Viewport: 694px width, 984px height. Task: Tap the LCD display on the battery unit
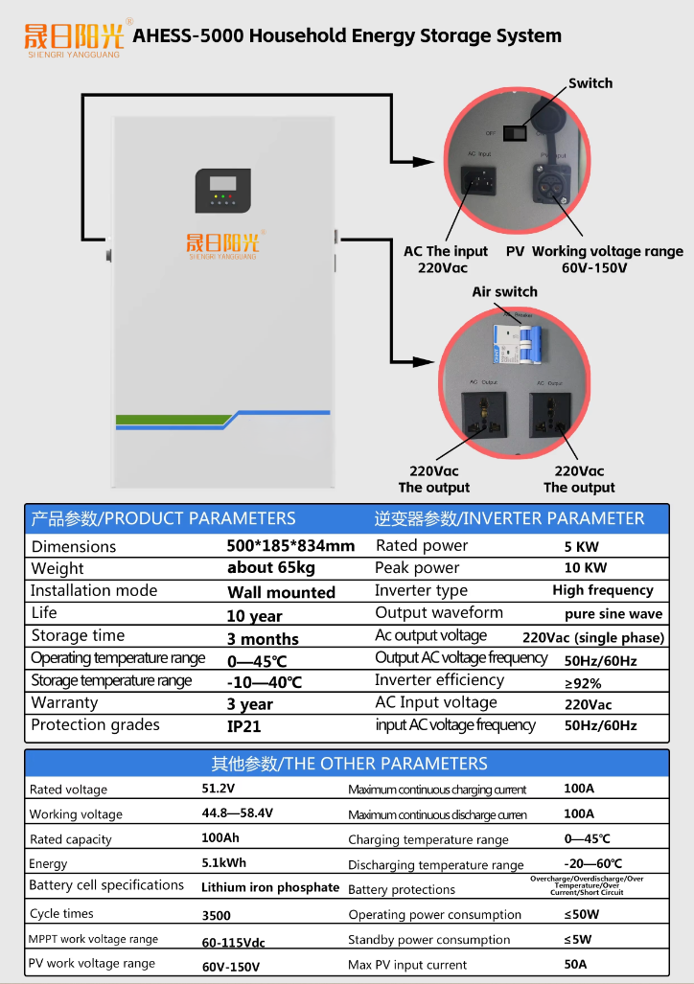point(222,182)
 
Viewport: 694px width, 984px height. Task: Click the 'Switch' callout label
point(590,83)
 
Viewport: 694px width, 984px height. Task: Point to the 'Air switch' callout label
point(504,291)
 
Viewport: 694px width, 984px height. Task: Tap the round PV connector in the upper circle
point(554,180)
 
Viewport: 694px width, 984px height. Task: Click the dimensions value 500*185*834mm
point(290,546)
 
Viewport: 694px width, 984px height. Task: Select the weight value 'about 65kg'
point(271,568)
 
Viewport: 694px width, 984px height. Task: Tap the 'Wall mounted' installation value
point(281,592)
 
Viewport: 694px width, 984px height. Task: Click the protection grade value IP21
point(243,726)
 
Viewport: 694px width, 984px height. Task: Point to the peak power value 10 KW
point(588,568)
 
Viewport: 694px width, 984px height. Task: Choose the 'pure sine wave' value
point(613,614)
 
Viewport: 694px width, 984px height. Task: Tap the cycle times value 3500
point(216,915)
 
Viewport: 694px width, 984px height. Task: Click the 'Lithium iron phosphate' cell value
point(270,887)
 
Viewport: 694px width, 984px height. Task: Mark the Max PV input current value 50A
point(575,964)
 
